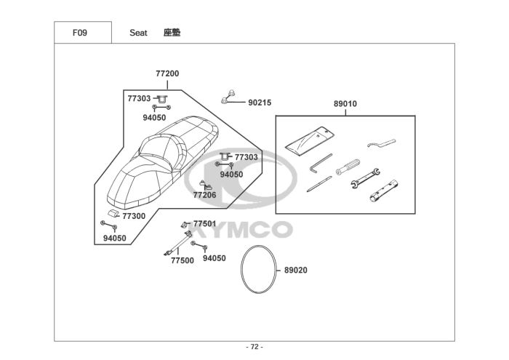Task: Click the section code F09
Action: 81,33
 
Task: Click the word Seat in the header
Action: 138,33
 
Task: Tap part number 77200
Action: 167,73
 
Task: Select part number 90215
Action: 260,103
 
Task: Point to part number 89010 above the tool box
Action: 345,104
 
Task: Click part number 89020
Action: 296,270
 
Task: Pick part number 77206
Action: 204,195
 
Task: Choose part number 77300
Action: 134,216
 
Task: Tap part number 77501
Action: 204,223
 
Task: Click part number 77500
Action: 183,260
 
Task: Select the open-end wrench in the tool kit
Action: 366,177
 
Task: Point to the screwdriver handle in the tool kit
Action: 347,167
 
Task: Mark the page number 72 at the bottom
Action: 254,347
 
